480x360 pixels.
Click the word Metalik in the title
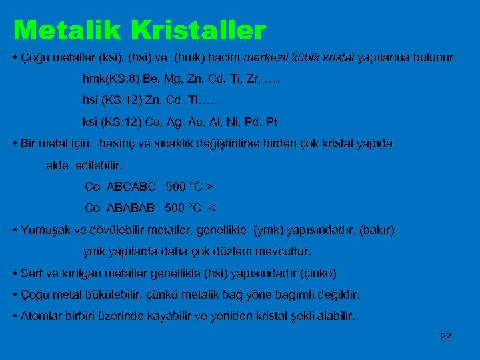(x=64, y=30)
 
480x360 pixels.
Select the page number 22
(x=446, y=336)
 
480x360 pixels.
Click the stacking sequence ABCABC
(x=131, y=185)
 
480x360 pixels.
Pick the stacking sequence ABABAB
(x=131, y=207)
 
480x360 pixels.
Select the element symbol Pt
(x=271, y=122)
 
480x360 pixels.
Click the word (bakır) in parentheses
(x=377, y=230)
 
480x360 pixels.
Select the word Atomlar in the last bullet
(x=40, y=316)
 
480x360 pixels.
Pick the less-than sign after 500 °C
(x=212, y=207)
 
